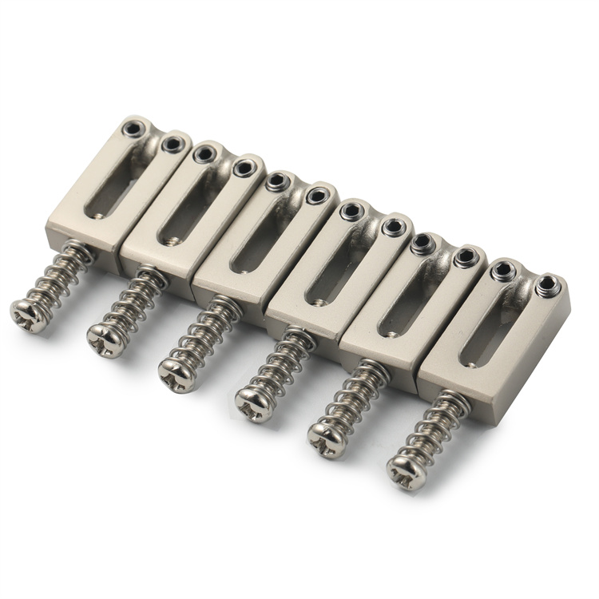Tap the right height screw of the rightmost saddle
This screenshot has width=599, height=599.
click(548, 282)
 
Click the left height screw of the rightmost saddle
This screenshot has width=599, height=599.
click(503, 269)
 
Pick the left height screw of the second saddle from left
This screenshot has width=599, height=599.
click(205, 152)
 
